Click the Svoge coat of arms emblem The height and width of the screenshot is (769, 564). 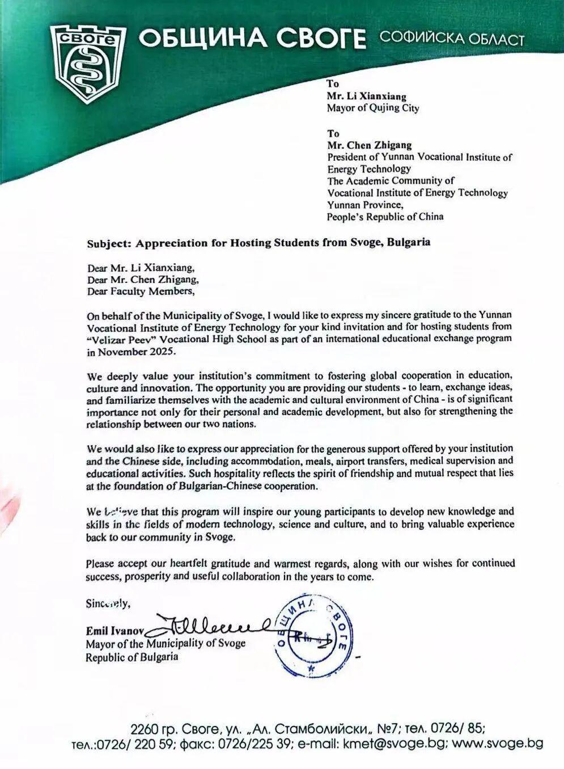point(86,64)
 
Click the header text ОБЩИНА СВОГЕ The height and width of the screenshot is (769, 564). point(252,39)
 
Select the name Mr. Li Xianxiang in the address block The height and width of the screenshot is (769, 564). point(366,96)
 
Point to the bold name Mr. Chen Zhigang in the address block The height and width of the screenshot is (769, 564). point(369,145)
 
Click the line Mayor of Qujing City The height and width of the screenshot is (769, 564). point(372,108)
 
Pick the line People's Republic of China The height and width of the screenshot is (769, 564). point(385,217)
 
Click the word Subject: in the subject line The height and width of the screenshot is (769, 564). point(108,243)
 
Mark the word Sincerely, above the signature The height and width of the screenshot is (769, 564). point(108,603)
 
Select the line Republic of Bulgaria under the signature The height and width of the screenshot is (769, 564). point(132,657)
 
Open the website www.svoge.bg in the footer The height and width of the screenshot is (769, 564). point(499,743)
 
